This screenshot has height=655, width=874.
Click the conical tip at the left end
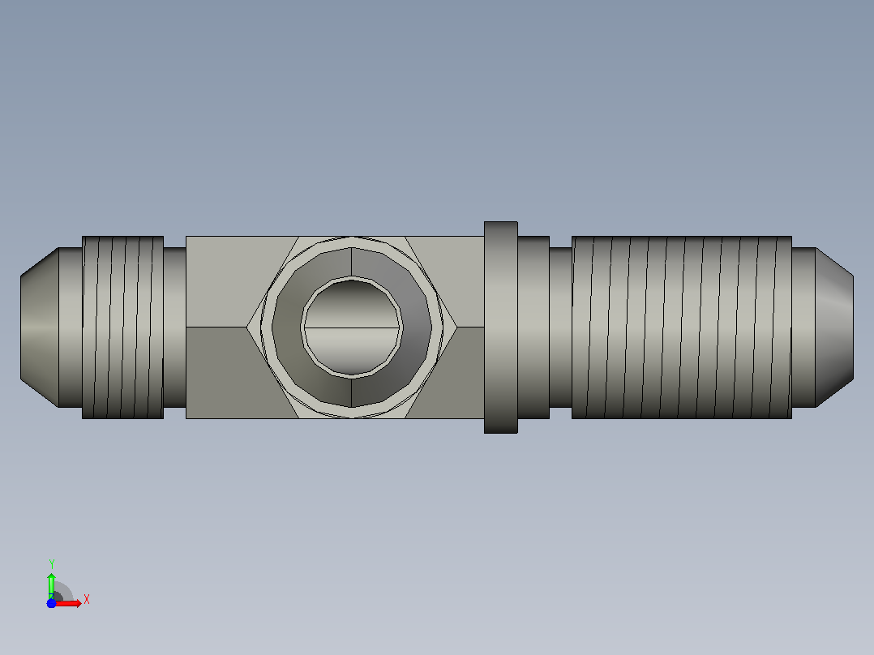point(40,327)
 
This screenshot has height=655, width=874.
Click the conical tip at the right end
point(834,327)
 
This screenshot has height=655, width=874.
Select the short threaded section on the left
point(122,327)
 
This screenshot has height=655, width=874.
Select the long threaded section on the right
point(682,327)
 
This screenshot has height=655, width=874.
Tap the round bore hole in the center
point(352,327)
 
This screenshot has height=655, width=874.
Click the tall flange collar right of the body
point(501,327)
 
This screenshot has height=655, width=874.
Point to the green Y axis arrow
point(51,584)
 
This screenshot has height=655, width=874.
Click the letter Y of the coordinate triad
point(51,564)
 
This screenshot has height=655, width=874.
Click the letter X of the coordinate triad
point(87,600)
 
